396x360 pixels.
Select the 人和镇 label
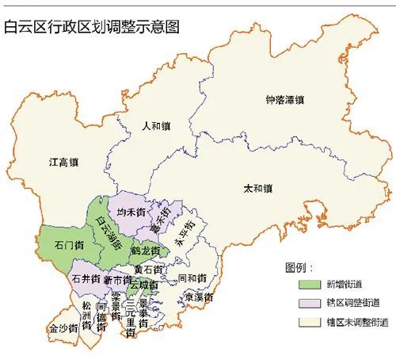[156, 125]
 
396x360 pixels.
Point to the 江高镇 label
[63, 163]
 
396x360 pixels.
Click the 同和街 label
[192, 278]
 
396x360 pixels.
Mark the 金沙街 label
[62, 327]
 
